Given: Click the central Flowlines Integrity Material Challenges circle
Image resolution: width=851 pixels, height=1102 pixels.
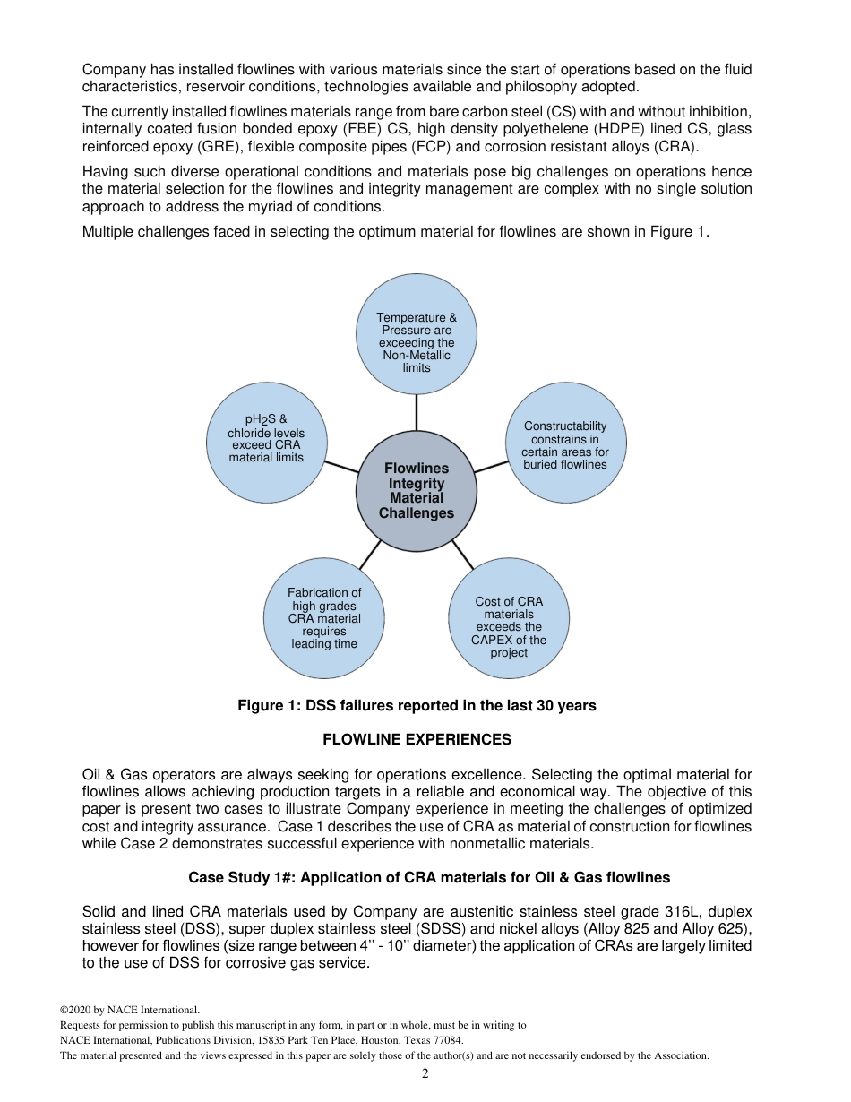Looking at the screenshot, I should (x=417, y=491).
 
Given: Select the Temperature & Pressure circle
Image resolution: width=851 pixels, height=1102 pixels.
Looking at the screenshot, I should (x=417, y=334).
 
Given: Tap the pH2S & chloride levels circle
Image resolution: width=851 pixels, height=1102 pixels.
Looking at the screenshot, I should (x=266, y=443).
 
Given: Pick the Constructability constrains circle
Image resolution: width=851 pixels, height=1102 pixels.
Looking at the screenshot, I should (x=565, y=443).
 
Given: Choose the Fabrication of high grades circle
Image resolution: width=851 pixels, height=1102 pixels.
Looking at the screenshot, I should (x=324, y=618).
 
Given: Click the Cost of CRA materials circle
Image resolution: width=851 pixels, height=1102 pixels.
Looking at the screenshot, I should (x=509, y=618).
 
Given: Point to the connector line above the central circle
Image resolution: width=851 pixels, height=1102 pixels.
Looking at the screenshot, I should (x=417, y=412).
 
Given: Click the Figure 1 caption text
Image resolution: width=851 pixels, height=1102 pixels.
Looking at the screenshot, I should (x=417, y=706).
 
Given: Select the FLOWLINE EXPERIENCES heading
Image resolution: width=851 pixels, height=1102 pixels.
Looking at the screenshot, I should (x=417, y=740).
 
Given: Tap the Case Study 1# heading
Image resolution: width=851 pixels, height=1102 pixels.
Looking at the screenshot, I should (x=429, y=878).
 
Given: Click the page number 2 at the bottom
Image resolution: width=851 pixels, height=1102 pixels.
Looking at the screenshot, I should (x=425, y=1074).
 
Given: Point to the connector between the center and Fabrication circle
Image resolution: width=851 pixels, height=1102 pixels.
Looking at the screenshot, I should (x=370, y=555).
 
